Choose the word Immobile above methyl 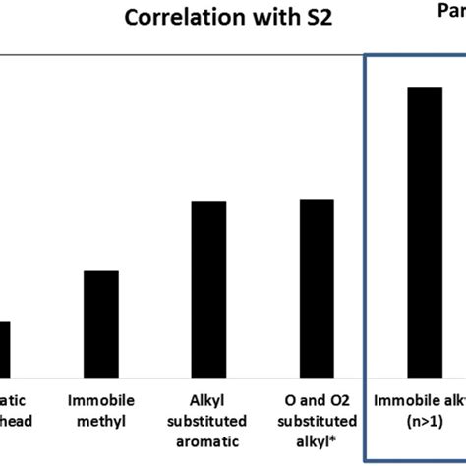coord(101,400)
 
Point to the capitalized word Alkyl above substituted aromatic coord(208,400)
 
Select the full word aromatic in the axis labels coord(208,437)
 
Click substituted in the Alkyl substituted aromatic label coord(208,419)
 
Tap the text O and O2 coord(317,400)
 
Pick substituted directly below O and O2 coord(317,419)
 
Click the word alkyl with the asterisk coord(317,437)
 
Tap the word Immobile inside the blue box coord(407,400)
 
